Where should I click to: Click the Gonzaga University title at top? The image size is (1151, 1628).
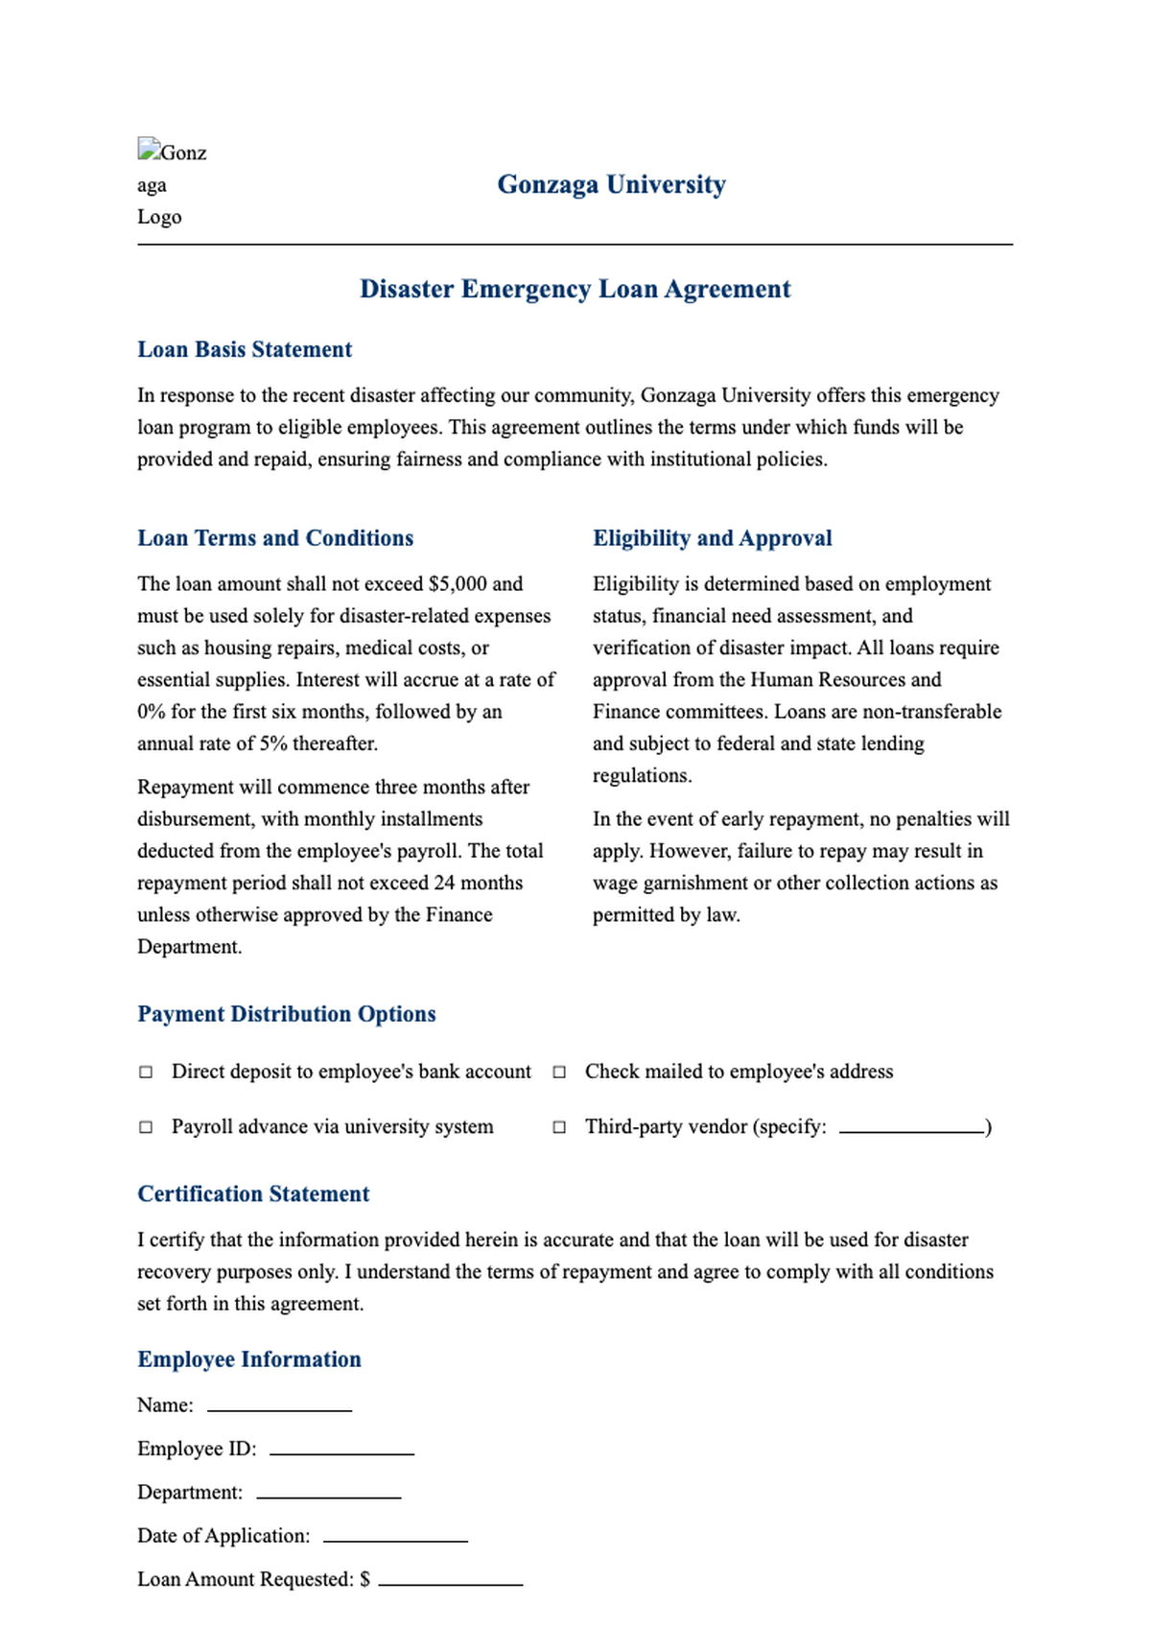pyautogui.click(x=611, y=184)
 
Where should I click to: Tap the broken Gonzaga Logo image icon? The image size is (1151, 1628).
pyautogui.click(x=148, y=150)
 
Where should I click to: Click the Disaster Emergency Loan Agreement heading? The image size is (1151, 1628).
pyautogui.click(x=575, y=289)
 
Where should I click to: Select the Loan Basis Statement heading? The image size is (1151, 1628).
pyautogui.click(x=245, y=349)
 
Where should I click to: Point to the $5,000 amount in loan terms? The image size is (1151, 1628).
pyautogui.click(x=458, y=584)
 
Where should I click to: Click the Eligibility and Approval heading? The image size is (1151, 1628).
pyautogui.click(x=712, y=538)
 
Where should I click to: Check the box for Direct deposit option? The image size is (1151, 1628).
pyautogui.click(x=146, y=1072)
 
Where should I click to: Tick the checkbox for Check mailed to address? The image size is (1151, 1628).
pyautogui.click(x=559, y=1072)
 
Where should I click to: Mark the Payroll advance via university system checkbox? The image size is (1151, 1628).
pyautogui.click(x=146, y=1127)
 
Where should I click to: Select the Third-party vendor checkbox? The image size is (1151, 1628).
pyautogui.click(x=559, y=1127)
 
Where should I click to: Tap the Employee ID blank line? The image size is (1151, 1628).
pyautogui.click(x=341, y=1451)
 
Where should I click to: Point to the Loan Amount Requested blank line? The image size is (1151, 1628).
pyautogui.click(x=450, y=1581)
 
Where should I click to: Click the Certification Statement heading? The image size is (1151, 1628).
pyautogui.click(x=253, y=1193)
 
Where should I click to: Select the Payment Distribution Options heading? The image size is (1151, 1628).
pyautogui.click(x=286, y=1014)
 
